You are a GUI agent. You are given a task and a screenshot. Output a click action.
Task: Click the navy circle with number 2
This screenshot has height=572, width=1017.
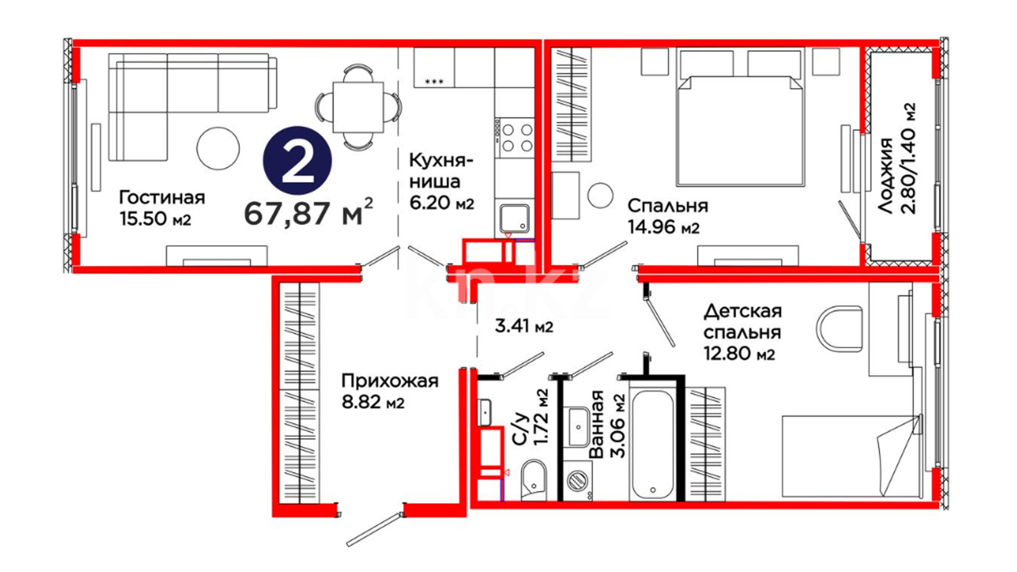(298, 160)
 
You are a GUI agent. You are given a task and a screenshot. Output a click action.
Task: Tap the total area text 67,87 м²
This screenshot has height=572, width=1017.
(308, 212)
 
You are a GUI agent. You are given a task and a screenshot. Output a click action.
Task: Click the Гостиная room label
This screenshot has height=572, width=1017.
(162, 198)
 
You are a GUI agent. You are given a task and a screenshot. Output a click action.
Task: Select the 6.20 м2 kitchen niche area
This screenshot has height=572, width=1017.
(442, 202)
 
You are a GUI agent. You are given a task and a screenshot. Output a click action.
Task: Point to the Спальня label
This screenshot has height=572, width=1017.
(667, 205)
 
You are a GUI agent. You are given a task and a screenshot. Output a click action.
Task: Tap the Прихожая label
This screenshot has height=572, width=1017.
(390, 381)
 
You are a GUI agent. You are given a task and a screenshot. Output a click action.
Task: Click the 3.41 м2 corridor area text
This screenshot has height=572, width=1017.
(524, 326)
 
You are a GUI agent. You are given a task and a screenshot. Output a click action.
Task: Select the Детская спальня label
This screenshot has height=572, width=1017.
(742, 321)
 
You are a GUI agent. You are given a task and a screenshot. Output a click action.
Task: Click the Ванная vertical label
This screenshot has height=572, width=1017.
(596, 424)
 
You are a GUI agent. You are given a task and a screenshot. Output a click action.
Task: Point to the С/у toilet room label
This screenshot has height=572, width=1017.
(521, 429)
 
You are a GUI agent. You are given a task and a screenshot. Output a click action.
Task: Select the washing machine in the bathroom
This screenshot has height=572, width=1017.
(577, 480)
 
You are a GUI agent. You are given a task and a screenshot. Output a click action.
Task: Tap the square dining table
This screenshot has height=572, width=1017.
(358, 108)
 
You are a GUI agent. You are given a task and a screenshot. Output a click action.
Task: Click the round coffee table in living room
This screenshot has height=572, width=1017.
(218, 148)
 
